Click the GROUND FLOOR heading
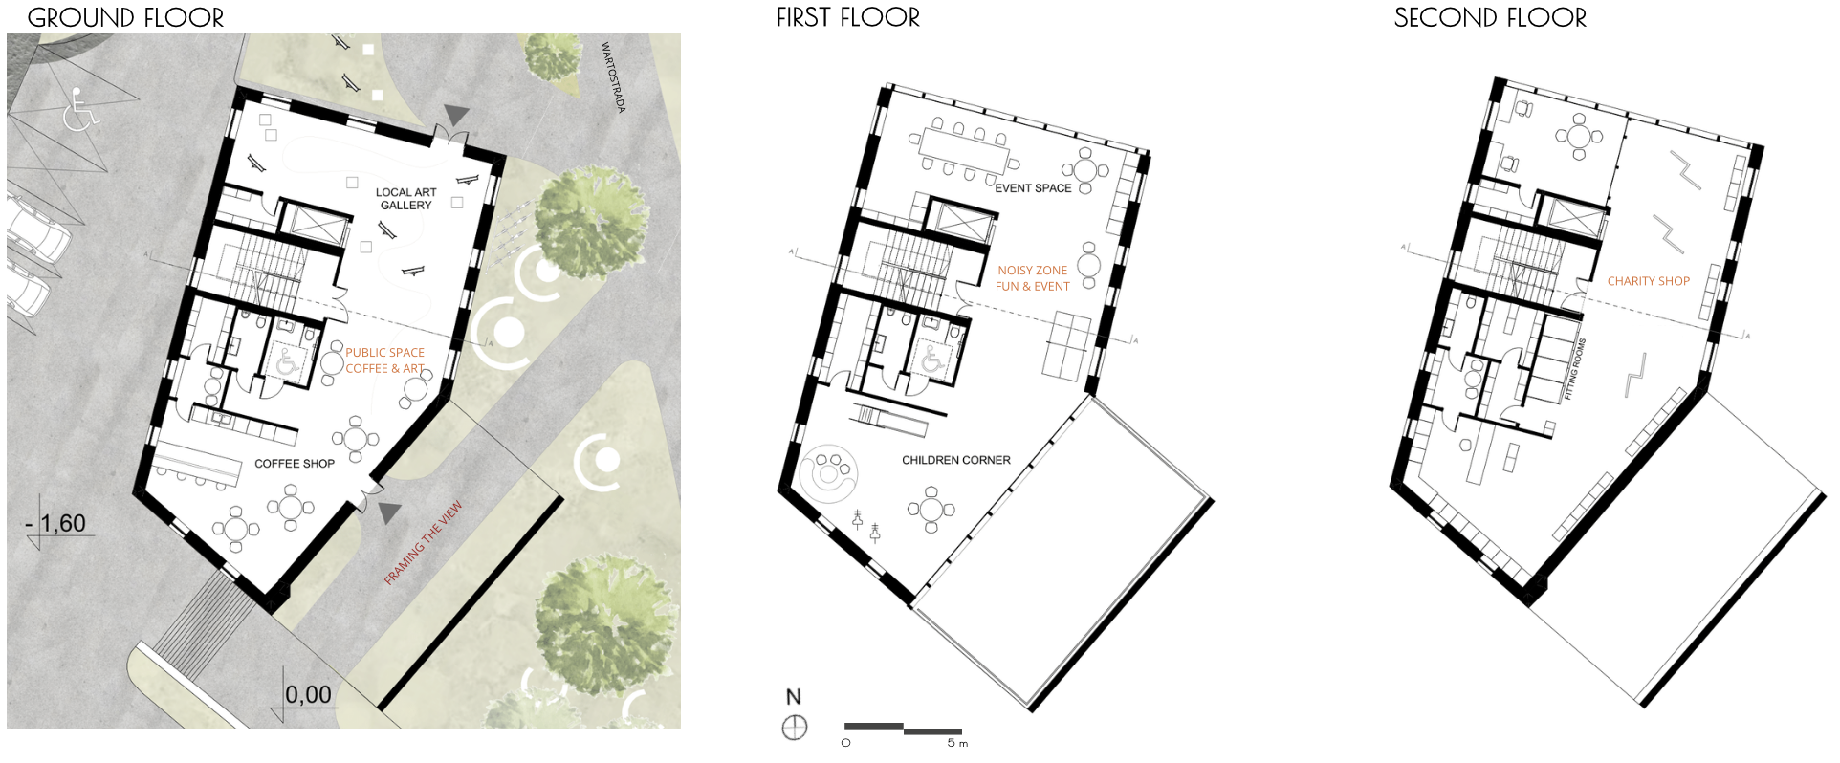tap(125, 17)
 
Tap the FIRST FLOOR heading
tap(847, 17)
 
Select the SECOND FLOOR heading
tap(1489, 17)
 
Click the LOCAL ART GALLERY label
tap(405, 199)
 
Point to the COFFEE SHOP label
tap(294, 464)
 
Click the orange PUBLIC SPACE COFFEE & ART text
tap(384, 360)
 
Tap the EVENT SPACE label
tap(1033, 188)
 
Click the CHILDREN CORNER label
tap(955, 460)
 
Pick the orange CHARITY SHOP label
tap(1648, 281)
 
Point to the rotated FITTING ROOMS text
tap(1574, 369)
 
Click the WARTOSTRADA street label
tap(613, 76)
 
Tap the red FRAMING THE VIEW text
tap(423, 542)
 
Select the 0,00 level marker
tap(308, 695)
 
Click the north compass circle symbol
tap(794, 728)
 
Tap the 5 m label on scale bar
tap(956, 743)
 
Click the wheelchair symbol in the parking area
tap(79, 109)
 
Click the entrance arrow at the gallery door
tap(457, 115)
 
